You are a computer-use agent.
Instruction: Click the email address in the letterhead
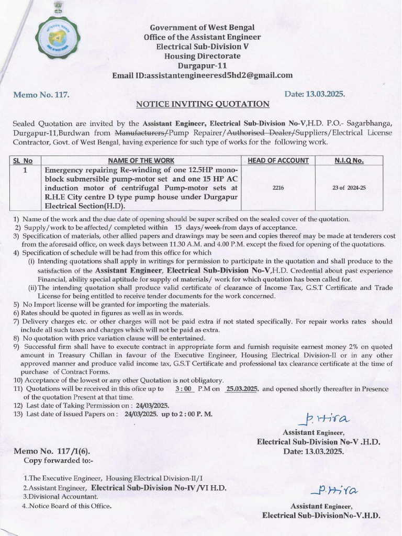point(202,75)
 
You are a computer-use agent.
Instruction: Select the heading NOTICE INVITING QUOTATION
point(203,104)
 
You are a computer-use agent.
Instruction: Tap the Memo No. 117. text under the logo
point(41,95)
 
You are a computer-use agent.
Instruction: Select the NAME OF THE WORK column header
point(141,161)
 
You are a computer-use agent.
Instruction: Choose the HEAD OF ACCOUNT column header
point(278,161)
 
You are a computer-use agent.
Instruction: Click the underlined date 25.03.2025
point(242,389)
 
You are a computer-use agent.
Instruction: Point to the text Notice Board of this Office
point(69,506)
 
